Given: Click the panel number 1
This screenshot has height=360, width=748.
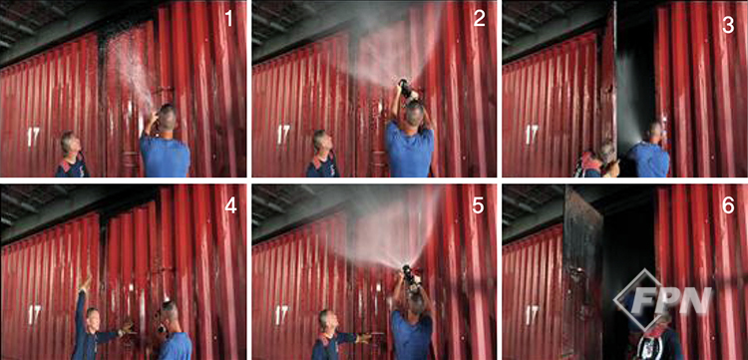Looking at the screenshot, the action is click(229, 19).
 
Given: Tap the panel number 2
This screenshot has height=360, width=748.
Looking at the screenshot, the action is click(480, 19).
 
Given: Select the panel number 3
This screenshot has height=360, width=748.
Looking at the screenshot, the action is click(728, 25).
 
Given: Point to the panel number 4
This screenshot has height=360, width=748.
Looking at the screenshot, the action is click(230, 204).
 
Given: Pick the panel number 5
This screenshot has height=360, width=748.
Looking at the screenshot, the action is click(479, 204).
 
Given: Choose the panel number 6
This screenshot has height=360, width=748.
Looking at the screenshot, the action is click(728, 204).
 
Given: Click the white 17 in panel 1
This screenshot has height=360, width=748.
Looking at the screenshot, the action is click(33, 136).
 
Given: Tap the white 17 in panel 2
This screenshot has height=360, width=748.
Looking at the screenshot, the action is click(283, 135).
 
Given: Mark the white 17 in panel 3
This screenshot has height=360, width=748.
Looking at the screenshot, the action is click(532, 135).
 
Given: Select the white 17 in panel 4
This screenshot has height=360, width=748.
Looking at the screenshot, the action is click(34, 315).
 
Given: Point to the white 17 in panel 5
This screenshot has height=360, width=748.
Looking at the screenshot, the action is click(282, 315).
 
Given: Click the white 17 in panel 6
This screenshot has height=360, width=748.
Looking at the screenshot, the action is click(532, 315).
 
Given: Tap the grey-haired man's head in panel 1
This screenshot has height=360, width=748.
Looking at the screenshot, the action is click(68, 145).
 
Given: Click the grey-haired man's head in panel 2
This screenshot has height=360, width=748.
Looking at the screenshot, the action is click(321, 144).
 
